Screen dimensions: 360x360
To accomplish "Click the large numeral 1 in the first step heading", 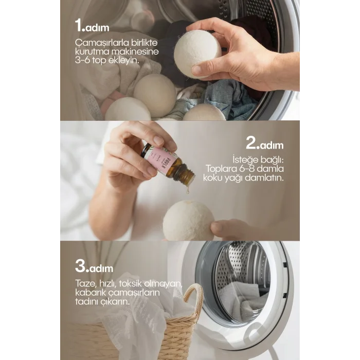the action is (x=79, y=25).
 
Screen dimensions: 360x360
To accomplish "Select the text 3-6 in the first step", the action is (x=82, y=60).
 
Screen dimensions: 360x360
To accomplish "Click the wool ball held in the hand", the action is (x=197, y=55).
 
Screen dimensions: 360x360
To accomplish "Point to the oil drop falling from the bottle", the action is (x=188, y=189).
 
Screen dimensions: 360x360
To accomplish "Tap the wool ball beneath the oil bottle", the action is (x=189, y=220).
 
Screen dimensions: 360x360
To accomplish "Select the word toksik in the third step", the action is (x=131, y=283).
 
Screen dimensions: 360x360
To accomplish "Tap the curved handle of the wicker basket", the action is (x=195, y=298).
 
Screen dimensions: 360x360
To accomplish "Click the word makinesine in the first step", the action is (x=135, y=51).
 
